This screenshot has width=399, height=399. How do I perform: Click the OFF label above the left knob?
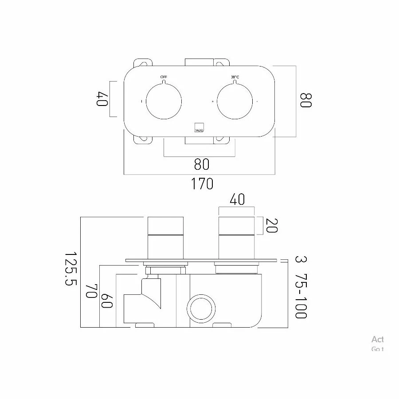click(164, 77)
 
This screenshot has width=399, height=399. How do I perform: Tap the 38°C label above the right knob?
click(235, 77)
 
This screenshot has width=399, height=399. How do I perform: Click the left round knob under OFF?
click(164, 101)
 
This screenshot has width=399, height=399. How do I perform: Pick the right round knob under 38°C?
click(235, 101)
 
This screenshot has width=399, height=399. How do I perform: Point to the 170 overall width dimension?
click(202, 183)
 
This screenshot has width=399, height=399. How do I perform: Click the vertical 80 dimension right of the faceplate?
click(305, 100)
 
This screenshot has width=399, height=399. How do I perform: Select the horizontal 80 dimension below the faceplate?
click(201, 164)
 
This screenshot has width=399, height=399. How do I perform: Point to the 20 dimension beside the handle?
click(272, 226)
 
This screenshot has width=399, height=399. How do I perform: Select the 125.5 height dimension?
click(70, 269)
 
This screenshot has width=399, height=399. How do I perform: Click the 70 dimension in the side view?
click(91, 292)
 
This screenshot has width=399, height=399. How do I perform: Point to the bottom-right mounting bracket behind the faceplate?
click(221, 139)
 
